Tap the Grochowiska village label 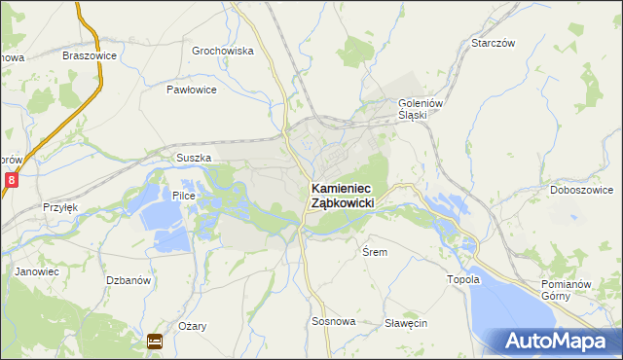[223, 51]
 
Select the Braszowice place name [90, 55]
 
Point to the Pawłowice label [191, 90]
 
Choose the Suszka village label [194, 158]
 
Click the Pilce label [185, 196]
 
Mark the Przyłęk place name [59, 207]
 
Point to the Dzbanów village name [128, 280]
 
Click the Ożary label [192, 327]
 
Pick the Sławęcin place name [406, 323]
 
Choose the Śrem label [375, 252]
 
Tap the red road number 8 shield [11, 180]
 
